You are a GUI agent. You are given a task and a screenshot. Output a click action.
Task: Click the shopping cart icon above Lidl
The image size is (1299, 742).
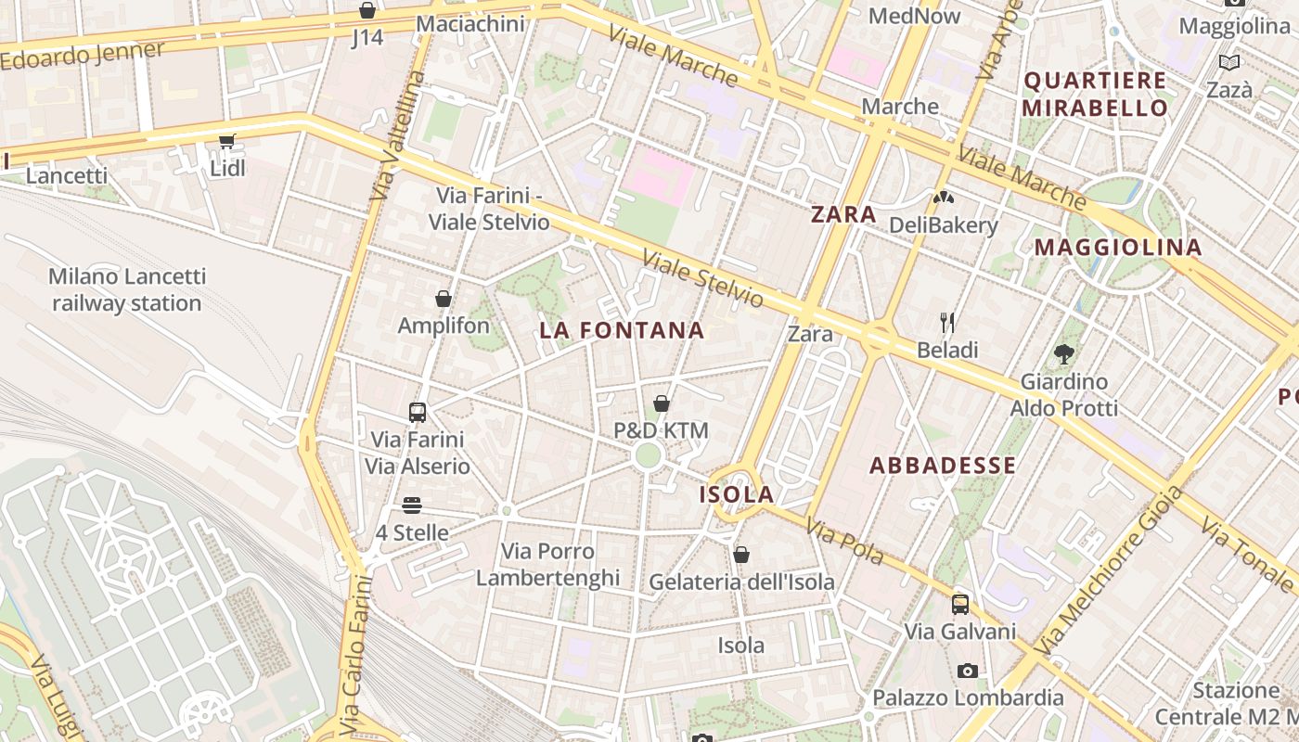[226, 142]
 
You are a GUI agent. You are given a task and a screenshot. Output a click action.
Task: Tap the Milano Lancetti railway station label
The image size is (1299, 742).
[127, 289]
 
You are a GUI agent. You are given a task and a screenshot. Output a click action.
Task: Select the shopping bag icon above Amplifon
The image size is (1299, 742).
[444, 299]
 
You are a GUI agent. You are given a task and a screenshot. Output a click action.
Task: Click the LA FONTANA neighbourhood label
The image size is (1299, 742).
[622, 330]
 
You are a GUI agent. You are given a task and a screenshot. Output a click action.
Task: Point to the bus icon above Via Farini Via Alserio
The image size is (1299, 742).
[418, 413]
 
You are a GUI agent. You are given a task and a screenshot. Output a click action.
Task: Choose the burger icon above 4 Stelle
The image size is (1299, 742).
[412, 505]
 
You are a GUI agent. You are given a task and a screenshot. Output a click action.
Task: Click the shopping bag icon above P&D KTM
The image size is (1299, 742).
[662, 403]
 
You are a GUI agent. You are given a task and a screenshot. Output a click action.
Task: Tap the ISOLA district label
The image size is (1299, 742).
[737, 494]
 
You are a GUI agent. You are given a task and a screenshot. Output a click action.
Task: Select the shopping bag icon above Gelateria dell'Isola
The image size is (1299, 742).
[741, 555]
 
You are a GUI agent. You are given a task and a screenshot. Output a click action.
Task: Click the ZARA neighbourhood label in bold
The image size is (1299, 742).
[843, 215]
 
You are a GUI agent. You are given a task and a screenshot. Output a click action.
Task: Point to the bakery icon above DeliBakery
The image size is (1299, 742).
[944, 198]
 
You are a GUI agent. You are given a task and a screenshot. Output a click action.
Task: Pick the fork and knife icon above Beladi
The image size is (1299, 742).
[947, 323]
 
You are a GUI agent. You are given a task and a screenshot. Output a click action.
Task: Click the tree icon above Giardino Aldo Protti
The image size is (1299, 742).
[1064, 353]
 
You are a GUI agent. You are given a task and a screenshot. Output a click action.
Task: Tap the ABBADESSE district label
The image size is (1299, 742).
[943, 466]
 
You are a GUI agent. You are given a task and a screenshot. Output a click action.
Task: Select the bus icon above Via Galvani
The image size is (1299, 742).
[960, 605]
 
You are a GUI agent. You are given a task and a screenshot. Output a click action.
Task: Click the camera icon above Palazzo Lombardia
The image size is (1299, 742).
[968, 671]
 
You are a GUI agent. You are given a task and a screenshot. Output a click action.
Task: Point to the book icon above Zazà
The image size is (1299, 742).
[1229, 63]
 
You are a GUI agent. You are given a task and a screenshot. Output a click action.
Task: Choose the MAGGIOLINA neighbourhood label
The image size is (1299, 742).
[1118, 248]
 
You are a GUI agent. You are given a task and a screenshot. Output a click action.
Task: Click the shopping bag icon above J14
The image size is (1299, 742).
[367, 11]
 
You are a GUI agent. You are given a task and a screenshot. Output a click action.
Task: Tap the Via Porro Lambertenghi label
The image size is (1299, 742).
[547, 564]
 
